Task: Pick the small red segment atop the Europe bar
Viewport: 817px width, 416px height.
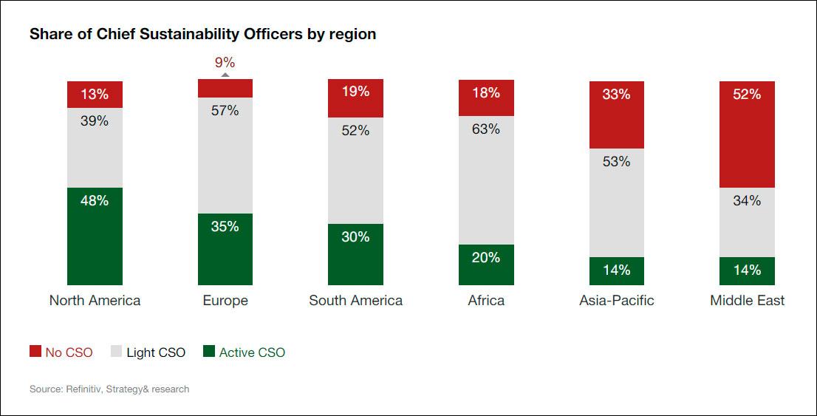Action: point(225,89)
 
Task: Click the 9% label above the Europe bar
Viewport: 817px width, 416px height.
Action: point(225,62)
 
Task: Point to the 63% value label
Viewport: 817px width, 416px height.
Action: point(486,129)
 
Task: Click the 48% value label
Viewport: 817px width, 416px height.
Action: point(95,200)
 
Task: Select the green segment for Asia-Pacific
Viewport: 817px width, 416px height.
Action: point(616,271)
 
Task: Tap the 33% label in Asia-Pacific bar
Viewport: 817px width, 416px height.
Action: point(616,95)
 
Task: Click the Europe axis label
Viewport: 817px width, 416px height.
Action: point(225,301)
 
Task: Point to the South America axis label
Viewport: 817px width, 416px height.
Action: point(355,301)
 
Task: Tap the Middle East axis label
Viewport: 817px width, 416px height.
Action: point(747,301)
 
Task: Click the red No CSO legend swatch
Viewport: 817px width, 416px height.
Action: point(35,352)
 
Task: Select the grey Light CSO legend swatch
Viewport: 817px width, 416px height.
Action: point(117,352)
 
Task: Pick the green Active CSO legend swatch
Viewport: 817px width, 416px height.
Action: point(209,352)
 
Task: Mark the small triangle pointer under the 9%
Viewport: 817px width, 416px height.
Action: point(225,75)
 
